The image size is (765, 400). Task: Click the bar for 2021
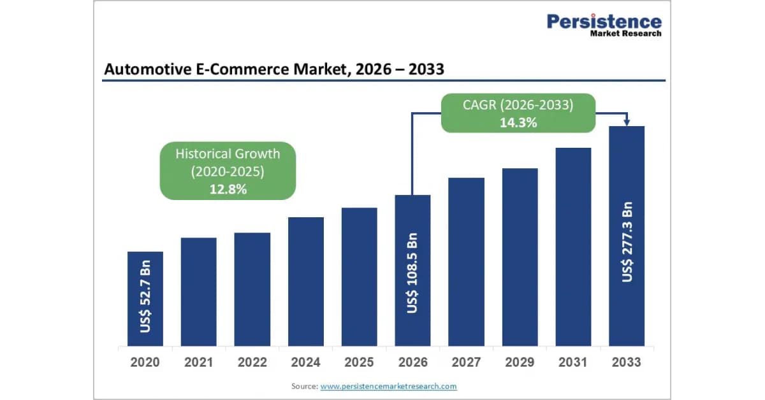tap(199, 292)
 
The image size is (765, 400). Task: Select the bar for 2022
tap(252, 289)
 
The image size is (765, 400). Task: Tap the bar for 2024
tap(306, 282)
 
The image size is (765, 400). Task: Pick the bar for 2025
tap(360, 277)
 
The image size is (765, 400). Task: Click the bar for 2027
tap(467, 262)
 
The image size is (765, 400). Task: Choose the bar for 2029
tap(520, 257)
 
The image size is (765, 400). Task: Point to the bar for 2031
tap(573, 246)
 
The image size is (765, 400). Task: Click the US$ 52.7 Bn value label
tap(145, 296)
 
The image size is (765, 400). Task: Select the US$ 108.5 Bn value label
tap(412, 273)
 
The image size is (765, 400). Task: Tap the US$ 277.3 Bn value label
tap(627, 242)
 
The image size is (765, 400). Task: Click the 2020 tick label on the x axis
tap(145, 362)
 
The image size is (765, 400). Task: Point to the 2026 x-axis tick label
tap(413, 362)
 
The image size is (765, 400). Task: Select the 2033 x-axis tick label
tap(627, 362)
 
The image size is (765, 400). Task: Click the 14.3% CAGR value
tap(518, 122)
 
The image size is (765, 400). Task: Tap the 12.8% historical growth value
tap(228, 189)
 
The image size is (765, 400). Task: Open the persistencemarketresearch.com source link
tap(389, 387)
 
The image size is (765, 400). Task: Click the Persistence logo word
tap(604, 22)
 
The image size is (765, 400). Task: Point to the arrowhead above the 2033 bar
tap(627, 122)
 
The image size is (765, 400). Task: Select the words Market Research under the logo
tap(626, 34)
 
